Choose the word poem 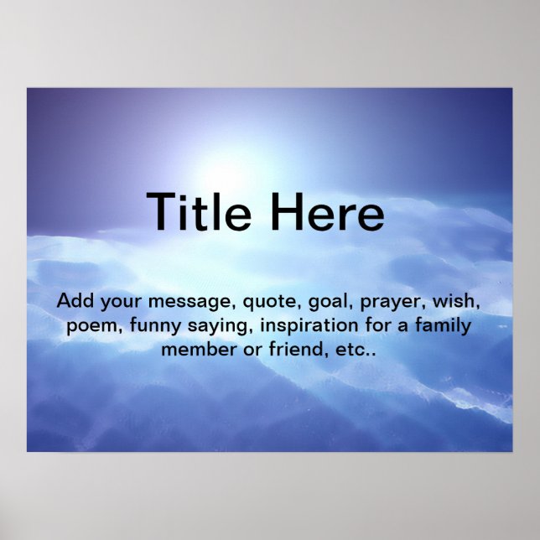[x=90, y=325]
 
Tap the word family [x=442, y=325]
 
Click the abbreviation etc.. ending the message [x=351, y=349]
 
